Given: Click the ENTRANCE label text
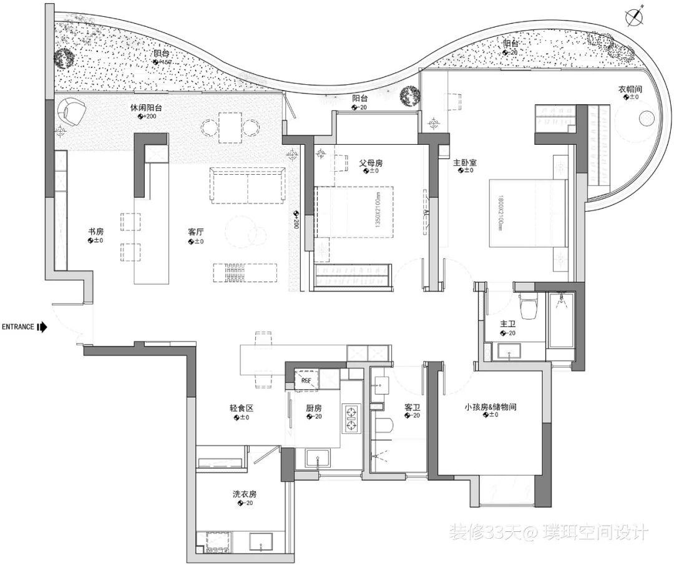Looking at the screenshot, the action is click(19, 327).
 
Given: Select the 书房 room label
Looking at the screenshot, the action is click(95, 232).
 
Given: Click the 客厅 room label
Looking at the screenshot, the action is click(196, 232).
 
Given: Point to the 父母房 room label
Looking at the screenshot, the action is click(370, 162).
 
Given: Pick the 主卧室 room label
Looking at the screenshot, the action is click(464, 162).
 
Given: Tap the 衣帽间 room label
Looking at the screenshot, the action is click(630, 89).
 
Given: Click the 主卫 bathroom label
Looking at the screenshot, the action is click(507, 325).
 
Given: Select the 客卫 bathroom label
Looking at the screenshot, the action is click(412, 407).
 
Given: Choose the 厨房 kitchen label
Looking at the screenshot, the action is click(313, 408).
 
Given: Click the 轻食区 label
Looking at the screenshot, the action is click(240, 408).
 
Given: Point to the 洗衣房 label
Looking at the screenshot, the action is click(245, 494).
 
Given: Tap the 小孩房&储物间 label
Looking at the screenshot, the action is click(490, 407).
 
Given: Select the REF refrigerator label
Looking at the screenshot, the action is click(306, 380).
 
